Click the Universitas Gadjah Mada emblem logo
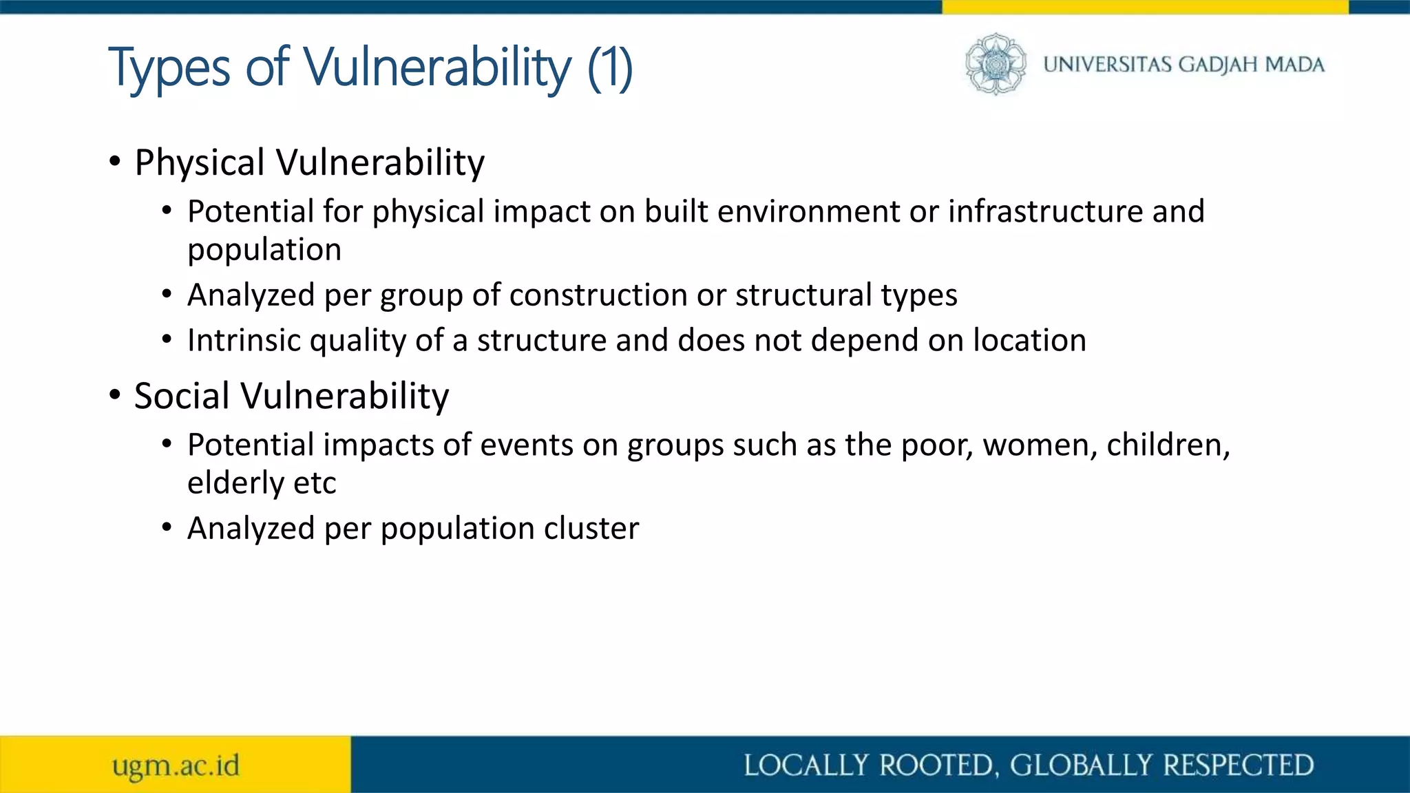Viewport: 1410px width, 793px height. (x=995, y=64)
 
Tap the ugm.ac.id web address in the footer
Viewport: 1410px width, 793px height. (x=176, y=765)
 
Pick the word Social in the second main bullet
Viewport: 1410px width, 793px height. (x=182, y=396)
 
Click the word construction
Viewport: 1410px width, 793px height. (x=598, y=295)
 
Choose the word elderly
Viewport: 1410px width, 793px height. (x=235, y=483)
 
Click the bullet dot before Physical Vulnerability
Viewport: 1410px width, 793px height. (x=115, y=162)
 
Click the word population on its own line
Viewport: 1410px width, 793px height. (x=264, y=249)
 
